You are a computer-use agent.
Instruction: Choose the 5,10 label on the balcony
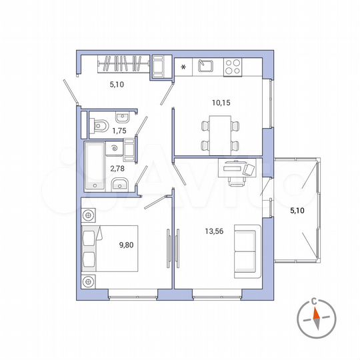coord(299,211)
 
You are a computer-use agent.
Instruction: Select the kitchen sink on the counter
coord(205,66)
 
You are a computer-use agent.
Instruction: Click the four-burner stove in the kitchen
coord(232,66)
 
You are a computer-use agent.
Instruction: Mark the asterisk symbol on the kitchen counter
coord(183,67)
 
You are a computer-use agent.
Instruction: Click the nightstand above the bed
coord(89,216)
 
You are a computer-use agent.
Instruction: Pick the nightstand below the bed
coord(89,281)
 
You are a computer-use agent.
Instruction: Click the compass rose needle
coord(317,321)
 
